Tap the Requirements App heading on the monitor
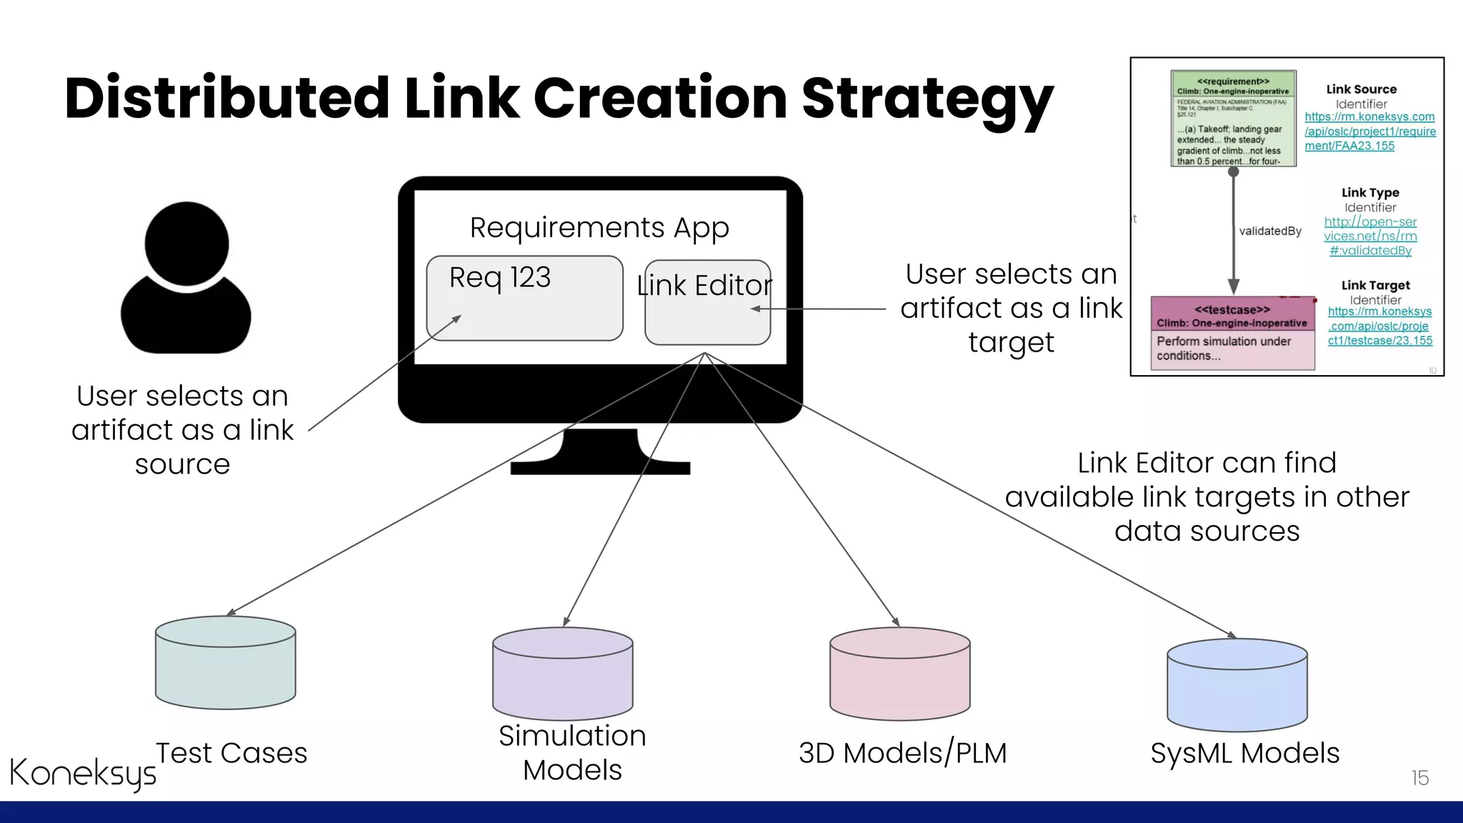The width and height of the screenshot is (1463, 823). point(599,228)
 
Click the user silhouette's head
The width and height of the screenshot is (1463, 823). point(186,244)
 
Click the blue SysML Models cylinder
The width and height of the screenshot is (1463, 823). point(1237,685)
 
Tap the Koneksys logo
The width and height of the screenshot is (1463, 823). point(82,773)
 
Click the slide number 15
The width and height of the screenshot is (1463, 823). point(1419,778)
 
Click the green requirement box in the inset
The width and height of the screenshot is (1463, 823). point(1233,119)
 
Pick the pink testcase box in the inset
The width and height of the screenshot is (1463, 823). point(1233,333)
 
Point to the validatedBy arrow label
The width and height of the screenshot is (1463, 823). point(1270,231)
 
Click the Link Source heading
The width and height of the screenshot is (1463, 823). point(1361,89)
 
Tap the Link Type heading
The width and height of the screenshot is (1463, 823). point(1370,192)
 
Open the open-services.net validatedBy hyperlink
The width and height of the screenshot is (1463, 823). point(1370,236)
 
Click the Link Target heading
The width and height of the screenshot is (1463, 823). point(1375,285)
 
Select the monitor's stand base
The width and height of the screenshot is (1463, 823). point(600,468)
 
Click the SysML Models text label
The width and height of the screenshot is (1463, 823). point(1244,753)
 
